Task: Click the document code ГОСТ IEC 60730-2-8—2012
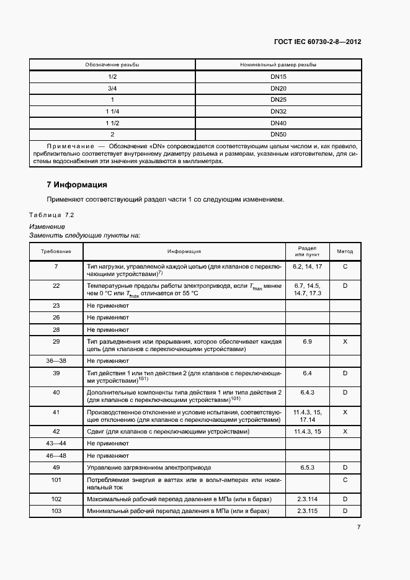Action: point(317,42)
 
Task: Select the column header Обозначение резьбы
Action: point(112,65)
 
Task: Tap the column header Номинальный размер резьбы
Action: point(277,65)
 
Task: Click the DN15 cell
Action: point(277,77)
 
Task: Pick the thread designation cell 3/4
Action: point(112,88)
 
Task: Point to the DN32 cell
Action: point(277,111)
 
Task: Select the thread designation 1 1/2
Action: point(112,123)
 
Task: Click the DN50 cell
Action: point(277,134)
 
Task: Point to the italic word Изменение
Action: point(47,227)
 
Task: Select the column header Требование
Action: point(56,252)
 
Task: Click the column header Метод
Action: point(345,252)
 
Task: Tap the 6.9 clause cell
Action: point(307,342)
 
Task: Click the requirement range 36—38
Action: point(56,360)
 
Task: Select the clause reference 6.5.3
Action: point(307,466)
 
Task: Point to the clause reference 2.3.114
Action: point(307,499)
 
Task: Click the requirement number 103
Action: point(56,511)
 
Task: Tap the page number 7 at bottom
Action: point(359,527)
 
